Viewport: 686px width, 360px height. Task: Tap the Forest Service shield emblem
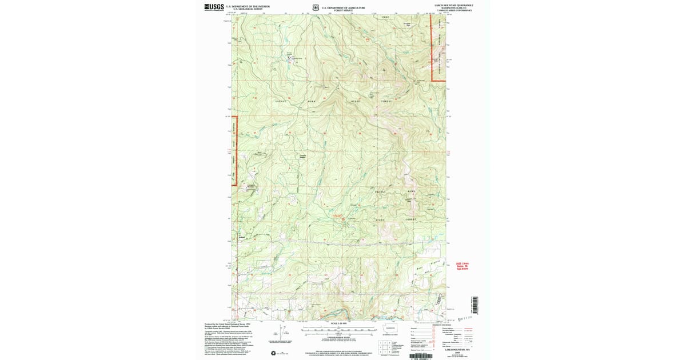pos(317,8)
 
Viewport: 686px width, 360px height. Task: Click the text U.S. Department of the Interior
pos(250,6)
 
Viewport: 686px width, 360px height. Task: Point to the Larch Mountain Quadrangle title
pos(453,5)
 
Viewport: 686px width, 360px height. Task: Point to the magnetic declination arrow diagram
pos(280,331)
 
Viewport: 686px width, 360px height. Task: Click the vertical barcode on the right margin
pos(475,305)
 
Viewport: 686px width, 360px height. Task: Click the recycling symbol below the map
pos(273,353)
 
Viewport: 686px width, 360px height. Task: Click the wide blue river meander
pos(337,313)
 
